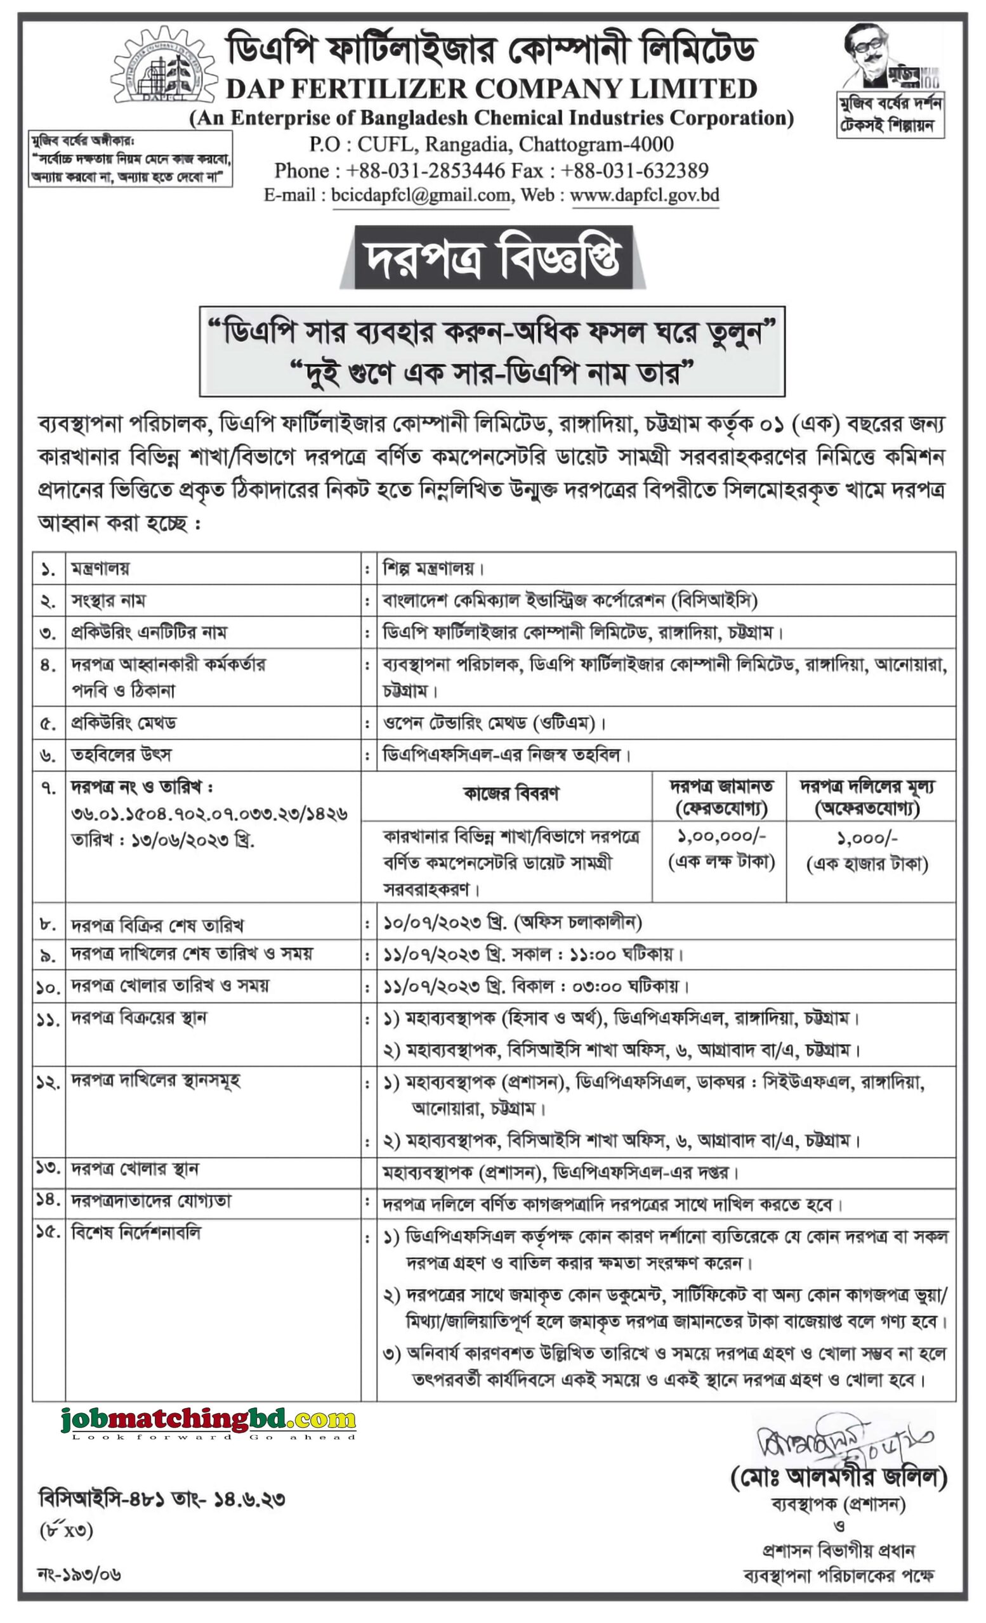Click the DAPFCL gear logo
(164, 71)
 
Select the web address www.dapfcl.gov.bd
(644, 196)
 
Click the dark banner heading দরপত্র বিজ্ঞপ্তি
(493, 258)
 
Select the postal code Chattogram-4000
(596, 145)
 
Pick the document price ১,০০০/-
(867, 838)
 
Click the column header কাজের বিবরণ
(511, 794)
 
